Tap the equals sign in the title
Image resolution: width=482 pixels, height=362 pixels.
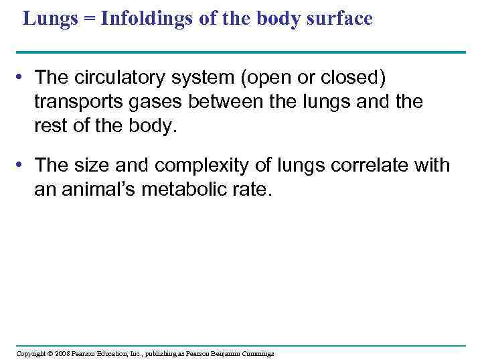(86, 19)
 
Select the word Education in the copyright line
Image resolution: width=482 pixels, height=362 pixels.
(115, 353)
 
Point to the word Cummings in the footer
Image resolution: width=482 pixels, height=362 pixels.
(256, 353)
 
